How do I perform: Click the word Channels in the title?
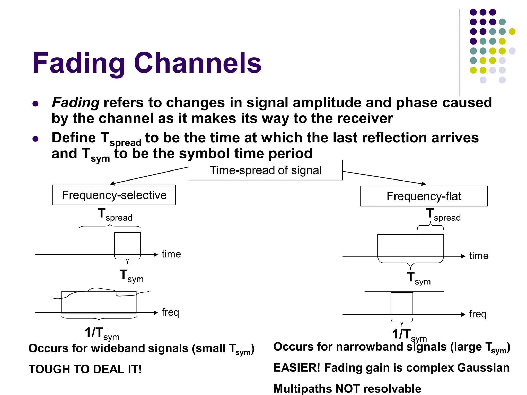tap(198, 63)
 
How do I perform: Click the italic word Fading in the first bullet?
tap(76, 103)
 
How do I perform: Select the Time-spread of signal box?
tap(266, 170)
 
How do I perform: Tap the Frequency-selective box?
tap(114, 195)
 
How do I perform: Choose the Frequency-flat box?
tap(424, 196)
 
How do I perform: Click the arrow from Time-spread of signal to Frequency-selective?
tap(149, 176)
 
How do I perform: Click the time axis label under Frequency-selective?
tap(171, 254)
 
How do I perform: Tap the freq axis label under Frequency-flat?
tap(478, 314)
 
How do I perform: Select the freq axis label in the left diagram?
tap(170, 312)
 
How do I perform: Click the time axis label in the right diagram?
tap(479, 256)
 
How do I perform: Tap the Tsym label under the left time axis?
tap(131, 276)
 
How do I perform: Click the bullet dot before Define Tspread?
tap(36, 139)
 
